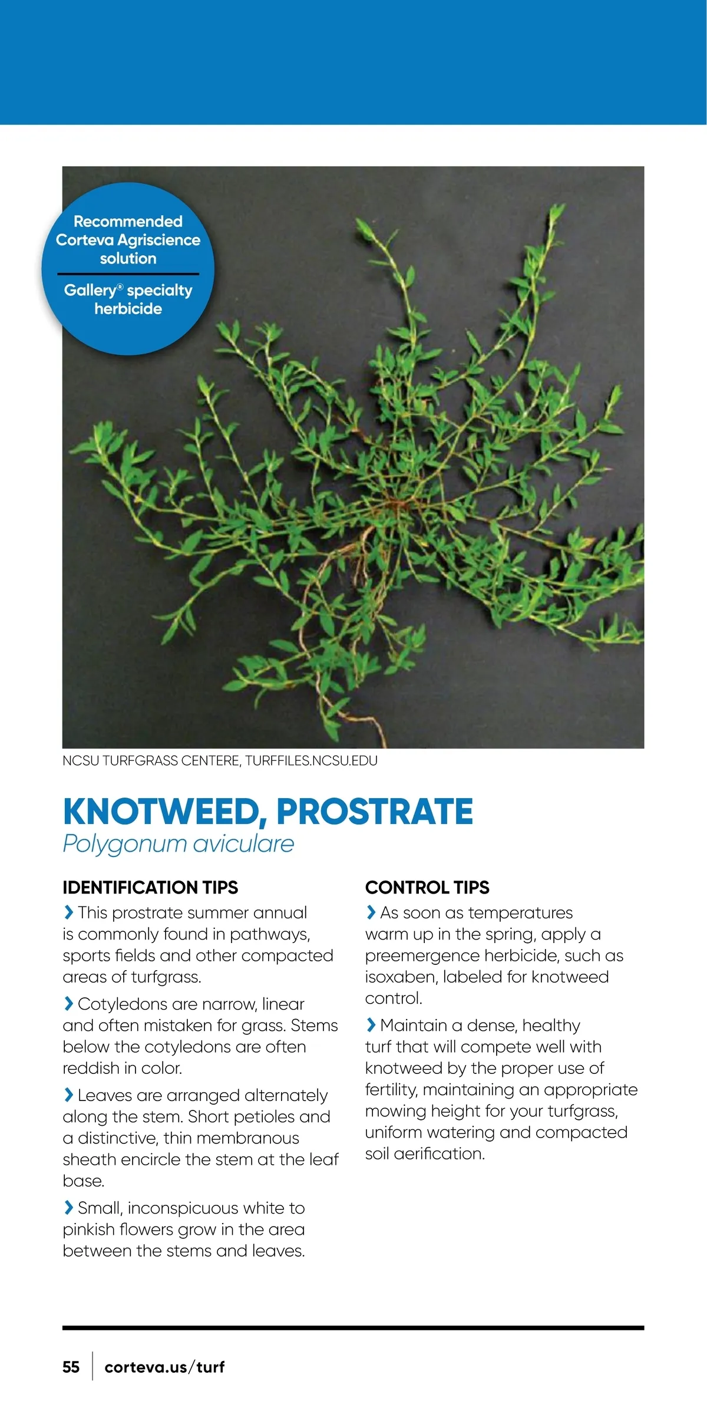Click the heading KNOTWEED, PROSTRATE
267,812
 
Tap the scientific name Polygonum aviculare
178,844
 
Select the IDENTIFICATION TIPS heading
150,887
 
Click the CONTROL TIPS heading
427,887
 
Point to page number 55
71,1367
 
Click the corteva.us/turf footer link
164,1367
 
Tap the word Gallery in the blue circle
90,290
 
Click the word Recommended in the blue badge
128,222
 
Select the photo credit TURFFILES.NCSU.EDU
311,760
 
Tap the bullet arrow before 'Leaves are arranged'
68,1095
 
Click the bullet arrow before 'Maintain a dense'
371,1025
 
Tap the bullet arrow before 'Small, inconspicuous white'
68,1208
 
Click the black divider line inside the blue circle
128,274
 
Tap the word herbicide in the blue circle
128,309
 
